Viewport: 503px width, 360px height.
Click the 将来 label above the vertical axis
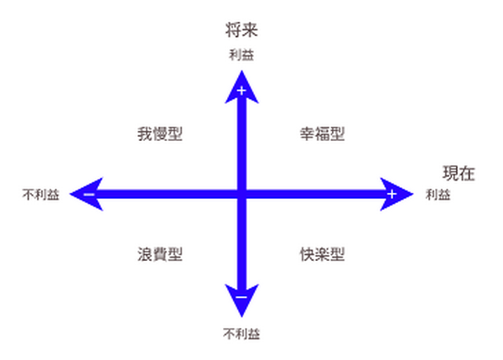click(241, 30)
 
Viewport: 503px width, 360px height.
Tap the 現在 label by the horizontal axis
click(459, 174)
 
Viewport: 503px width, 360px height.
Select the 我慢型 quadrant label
click(160, 134)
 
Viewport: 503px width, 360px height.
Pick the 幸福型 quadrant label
click(323, 134)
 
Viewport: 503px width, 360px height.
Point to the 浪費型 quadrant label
click(160, 254)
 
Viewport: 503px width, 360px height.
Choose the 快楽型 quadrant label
click(323, 254)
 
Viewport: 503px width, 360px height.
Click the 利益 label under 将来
click(241, 55)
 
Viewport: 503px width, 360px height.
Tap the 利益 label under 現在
click(438, 195)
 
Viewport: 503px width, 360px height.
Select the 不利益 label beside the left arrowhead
click(41, 195)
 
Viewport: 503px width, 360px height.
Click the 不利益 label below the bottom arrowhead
click(241, 334)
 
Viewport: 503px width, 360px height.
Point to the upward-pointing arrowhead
click(241, 88)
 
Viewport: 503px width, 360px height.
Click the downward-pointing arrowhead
click(241, 300)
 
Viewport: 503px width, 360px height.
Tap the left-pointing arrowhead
click(87, 194)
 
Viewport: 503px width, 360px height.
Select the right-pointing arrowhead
click(396, 194)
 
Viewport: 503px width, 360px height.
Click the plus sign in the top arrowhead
click(241, 91)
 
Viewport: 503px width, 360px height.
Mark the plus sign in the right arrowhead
click(392, 194)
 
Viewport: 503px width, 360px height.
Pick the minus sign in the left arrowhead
click(89, 195)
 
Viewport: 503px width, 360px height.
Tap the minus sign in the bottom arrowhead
click(241, 297)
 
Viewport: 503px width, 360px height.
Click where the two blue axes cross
click(241, 194)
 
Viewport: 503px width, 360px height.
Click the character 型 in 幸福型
click(338, 134)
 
